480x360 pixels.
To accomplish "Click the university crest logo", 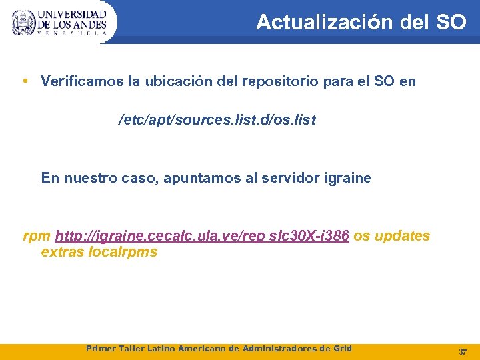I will click(23, 23).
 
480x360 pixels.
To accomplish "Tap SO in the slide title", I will click(451, 22).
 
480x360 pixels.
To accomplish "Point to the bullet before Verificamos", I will click(25, 82).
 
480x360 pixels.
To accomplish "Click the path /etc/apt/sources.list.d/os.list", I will click(217, 121).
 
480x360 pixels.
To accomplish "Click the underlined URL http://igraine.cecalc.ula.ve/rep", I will click(159, 236).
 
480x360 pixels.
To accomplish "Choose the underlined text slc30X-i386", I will click(310, 236).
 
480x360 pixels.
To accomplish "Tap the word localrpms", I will click(123, 252).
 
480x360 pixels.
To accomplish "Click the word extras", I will click(62, 252).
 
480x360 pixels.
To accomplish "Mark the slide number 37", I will click(463, 351).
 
